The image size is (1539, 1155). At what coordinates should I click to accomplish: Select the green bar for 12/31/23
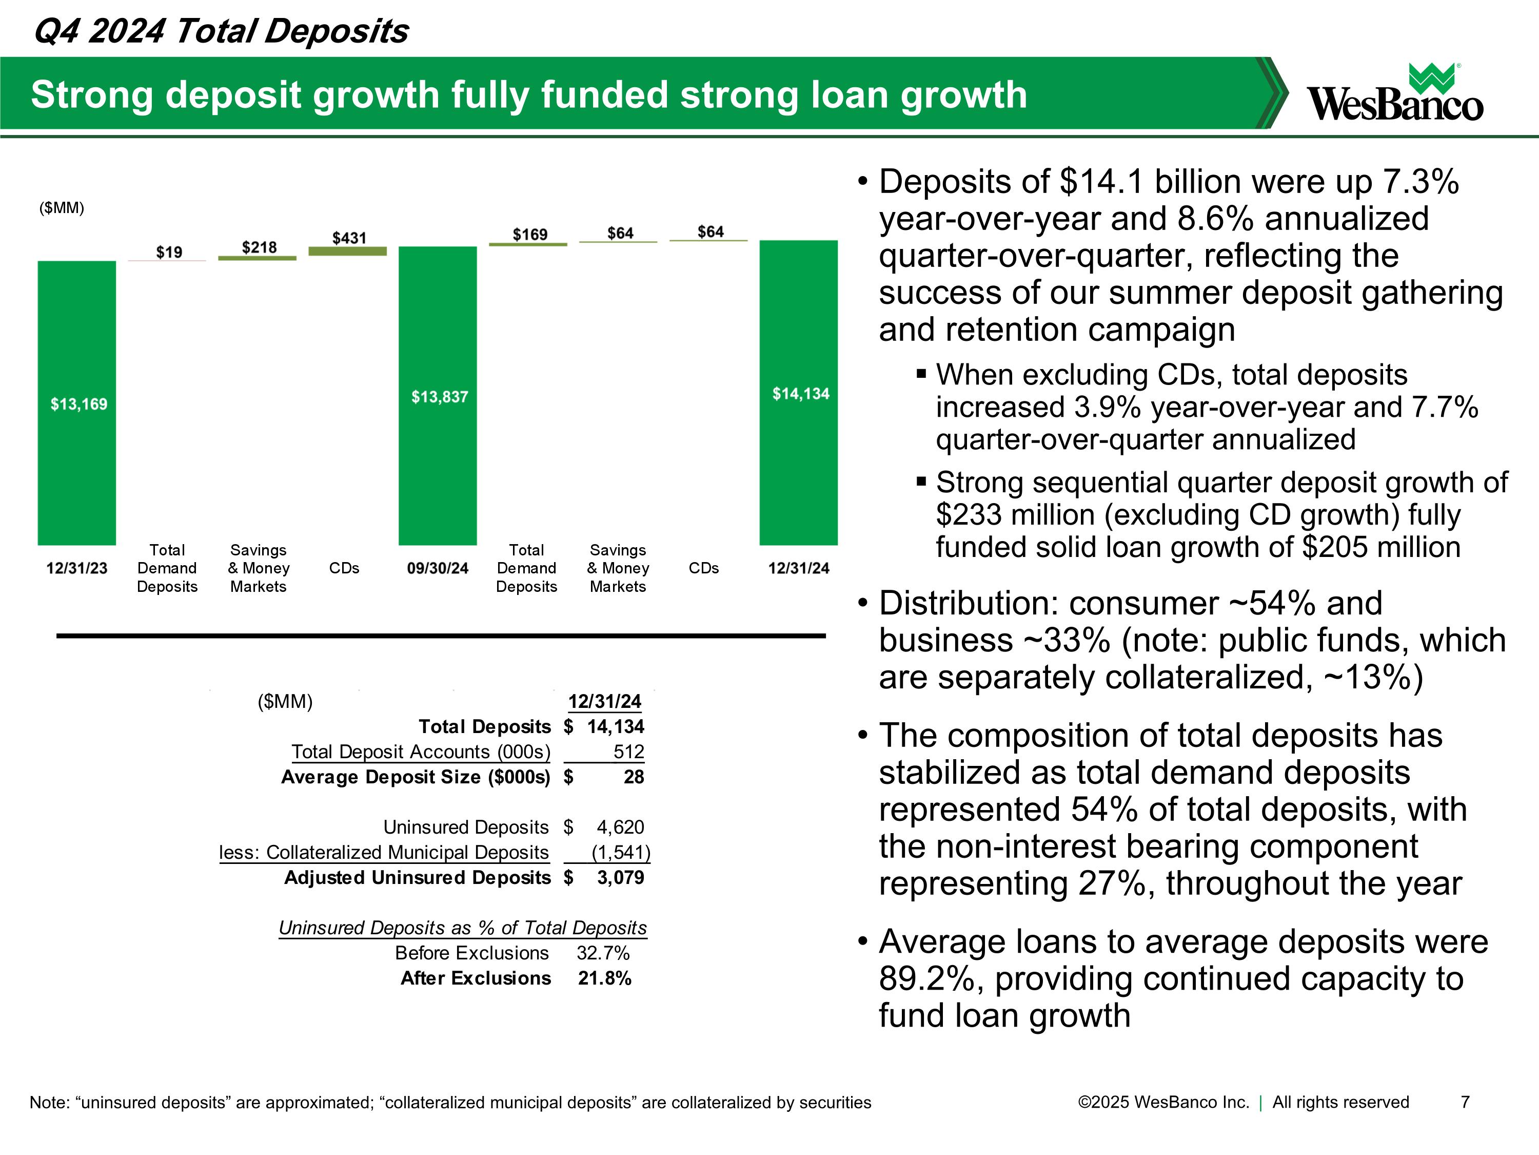[76, 403]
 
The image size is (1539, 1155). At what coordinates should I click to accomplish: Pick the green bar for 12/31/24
[799, 393]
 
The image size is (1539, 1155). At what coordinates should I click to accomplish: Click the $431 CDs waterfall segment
[347, 252]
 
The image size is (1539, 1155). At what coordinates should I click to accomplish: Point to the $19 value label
[169, 252]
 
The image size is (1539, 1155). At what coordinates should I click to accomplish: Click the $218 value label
[259, 247]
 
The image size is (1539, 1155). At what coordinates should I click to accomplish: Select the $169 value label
[529, 235]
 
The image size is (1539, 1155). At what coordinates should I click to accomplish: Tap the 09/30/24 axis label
[438, 568]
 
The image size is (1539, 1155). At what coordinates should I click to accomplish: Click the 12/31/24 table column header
[605, 701]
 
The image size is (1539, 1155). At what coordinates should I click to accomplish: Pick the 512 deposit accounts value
[629, 752]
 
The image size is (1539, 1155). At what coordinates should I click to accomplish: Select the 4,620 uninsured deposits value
[621, 827]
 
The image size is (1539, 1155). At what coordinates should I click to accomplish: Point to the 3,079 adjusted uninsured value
[621, 877]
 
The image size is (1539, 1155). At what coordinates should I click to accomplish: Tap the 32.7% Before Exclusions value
[603, 953]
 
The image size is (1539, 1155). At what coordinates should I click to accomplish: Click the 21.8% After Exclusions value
[605, 978]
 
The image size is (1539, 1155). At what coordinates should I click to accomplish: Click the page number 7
[1465, 1102]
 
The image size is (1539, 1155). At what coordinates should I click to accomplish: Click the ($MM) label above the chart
[62, 208]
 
